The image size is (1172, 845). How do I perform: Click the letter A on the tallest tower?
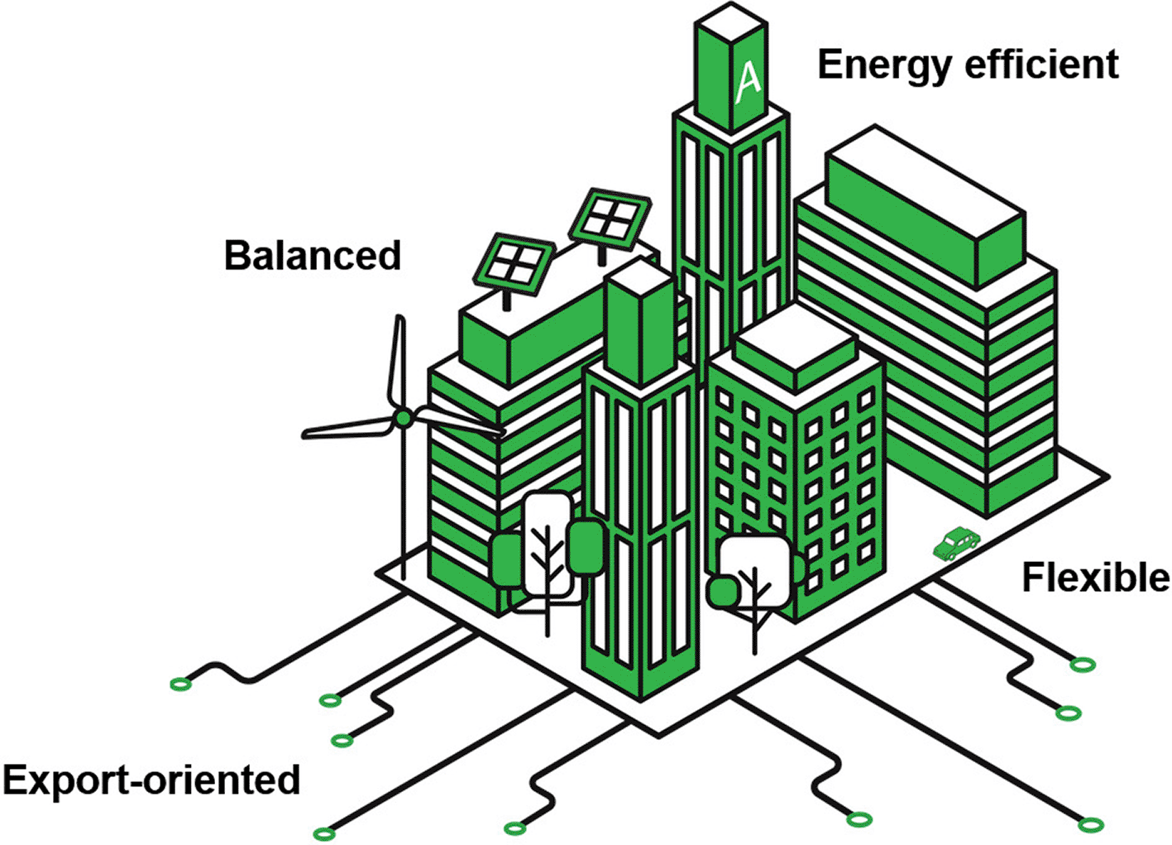(749, 84)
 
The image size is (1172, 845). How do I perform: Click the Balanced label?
(313, 256)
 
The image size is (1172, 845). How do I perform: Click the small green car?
(956, 544)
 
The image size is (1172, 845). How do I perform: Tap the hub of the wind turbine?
(403, 417)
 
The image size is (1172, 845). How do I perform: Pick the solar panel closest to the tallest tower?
(610, 218)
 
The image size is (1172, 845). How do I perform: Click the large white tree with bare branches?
(548, 545)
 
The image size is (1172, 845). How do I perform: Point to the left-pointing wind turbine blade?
(348, 427)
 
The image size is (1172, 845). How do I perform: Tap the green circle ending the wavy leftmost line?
(181, 684)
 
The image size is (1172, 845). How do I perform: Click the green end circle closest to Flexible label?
(1083, 665)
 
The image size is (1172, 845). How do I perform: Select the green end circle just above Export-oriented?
(342, 740)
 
